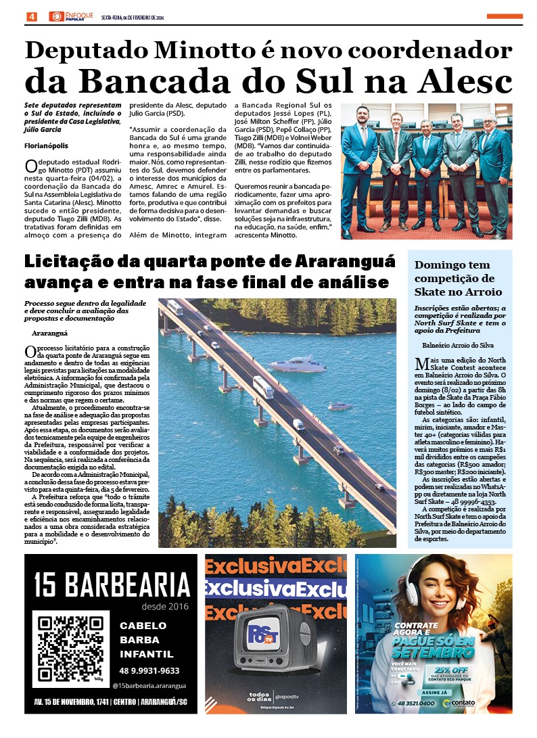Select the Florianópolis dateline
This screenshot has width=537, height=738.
46,145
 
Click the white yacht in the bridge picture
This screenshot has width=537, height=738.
298,365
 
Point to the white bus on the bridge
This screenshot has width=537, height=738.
262,387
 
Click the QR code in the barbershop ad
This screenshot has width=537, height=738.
71,649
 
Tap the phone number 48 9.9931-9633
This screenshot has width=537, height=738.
149,670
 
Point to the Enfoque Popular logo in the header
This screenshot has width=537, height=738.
70,16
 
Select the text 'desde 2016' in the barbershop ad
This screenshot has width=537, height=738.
166,606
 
